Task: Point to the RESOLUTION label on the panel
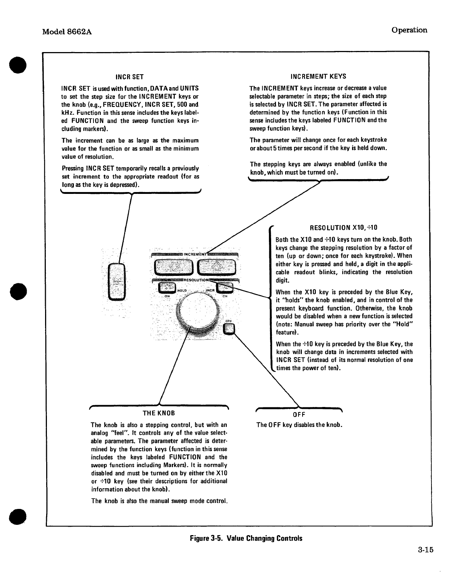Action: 195,280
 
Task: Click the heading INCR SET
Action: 129,77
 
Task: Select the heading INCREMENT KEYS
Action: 318,76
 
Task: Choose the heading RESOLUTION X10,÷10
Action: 344,228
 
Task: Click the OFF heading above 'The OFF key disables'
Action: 299,414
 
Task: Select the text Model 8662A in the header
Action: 67,32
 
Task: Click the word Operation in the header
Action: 410,30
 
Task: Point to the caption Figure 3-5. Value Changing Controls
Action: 246,538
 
